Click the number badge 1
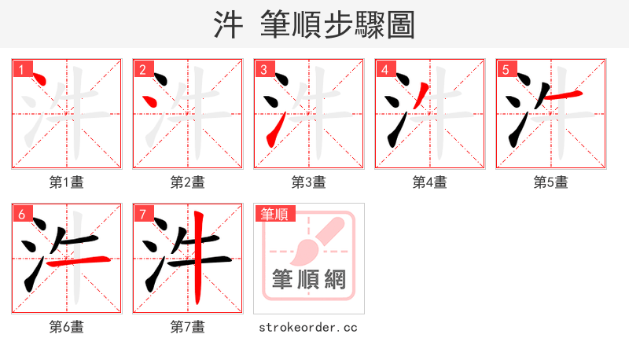pos(21,69)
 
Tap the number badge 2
pos(142,69)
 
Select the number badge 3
pos(263,69)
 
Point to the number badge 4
pos(384,69)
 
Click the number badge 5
pos(506,69)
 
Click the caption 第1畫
pos(67,182)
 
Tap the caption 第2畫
pos(188,182)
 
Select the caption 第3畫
pos(309,182)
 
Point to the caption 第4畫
pos(430,182)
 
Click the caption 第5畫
pos(551,182)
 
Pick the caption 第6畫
pos(67,327)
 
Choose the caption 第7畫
pos(188,327)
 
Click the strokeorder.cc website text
pos(308,327)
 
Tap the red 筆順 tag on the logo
pos(274,214)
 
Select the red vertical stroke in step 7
pos(197,259)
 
